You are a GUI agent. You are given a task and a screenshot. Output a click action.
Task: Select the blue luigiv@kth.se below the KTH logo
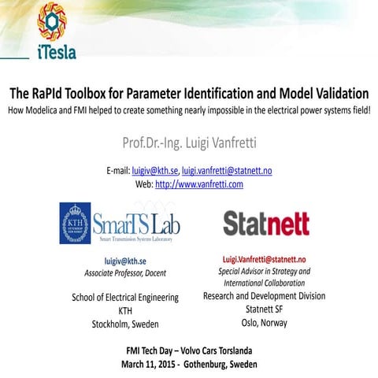coord(125,260)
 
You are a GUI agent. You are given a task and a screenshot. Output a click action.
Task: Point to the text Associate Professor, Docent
coord(125,272)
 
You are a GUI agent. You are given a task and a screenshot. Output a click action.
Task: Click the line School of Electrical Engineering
coord(125,297)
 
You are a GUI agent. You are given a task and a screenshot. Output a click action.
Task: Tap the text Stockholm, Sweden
coord(125,322)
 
